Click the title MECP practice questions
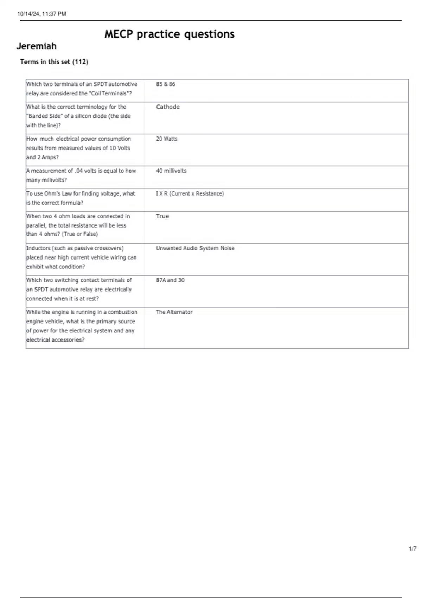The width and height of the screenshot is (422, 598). coord(169,34)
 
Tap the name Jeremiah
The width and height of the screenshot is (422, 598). coord(37,46)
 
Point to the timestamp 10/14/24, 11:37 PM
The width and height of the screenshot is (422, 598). coord(42,14)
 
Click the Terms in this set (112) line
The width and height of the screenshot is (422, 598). coord(54,62)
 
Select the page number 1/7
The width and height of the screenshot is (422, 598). coord(413,548)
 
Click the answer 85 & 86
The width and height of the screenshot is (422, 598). coord(165,84)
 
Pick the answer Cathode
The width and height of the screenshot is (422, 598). coord(168,107)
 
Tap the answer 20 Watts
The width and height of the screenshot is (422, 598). coord(167,139)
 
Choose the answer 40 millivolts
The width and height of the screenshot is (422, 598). coord(171,171)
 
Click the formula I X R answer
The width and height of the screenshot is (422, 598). coord(190,193)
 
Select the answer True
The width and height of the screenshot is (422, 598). coord(162,216)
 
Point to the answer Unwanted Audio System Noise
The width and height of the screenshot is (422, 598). coord(195,248)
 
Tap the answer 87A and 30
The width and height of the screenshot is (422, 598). coord(170,280)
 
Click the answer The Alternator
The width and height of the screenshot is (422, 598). coord(174,312)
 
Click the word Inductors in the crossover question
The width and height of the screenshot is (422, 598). coord(38,248)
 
